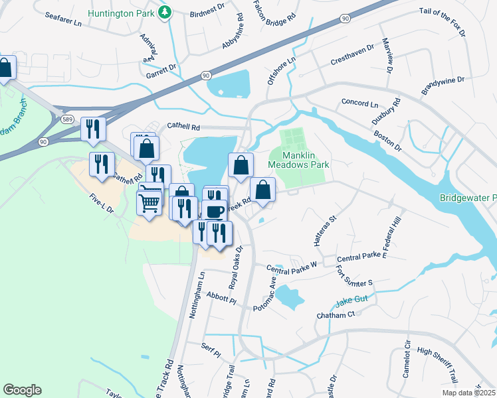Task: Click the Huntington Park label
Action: click(123, 11)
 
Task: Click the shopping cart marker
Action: click(149, 200)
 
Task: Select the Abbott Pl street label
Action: click(221, 297)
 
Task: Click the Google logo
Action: click(22, 390)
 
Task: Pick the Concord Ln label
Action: click(359, 104)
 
